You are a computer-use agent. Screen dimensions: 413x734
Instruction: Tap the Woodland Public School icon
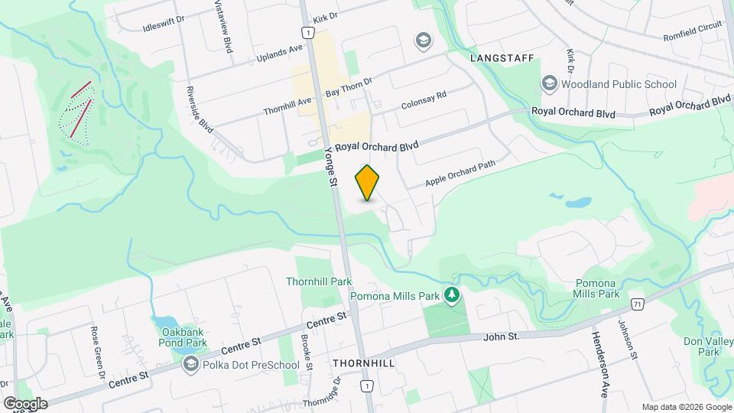pyautogui.click(x=549, y=83)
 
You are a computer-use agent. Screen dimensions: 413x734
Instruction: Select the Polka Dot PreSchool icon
pyautogui.click(x=190, y=364)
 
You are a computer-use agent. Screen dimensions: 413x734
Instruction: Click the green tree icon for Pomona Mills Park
pyautogui.click(x=452, y=294)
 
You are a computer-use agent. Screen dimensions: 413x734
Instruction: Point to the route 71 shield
pyautogui.click(x=638, y=304)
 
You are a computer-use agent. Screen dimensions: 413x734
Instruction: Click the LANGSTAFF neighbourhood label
pyautogui.click(x=501, y=57)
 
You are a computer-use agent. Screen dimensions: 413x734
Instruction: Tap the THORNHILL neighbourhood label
pyautogui.click(x=364, y=363)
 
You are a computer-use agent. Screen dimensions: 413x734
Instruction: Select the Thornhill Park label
pyautogui.click(x=319, y=281)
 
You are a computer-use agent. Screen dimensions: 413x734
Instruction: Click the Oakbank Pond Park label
pyautogui.click(x=184, y=337)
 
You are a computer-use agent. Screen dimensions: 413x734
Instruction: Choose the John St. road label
pyautogui.click(x=502, y=337)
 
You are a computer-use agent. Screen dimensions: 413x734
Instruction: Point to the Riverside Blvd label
pyautogui.click(x=200, y=109)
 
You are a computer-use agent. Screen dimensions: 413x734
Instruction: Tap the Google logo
pyautogui.click(x=25, y=403)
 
